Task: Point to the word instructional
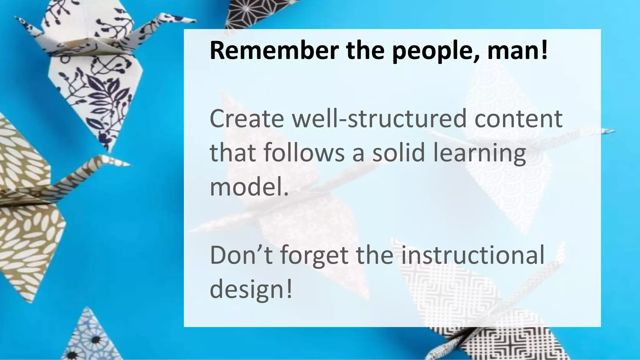(x=472, y=255)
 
